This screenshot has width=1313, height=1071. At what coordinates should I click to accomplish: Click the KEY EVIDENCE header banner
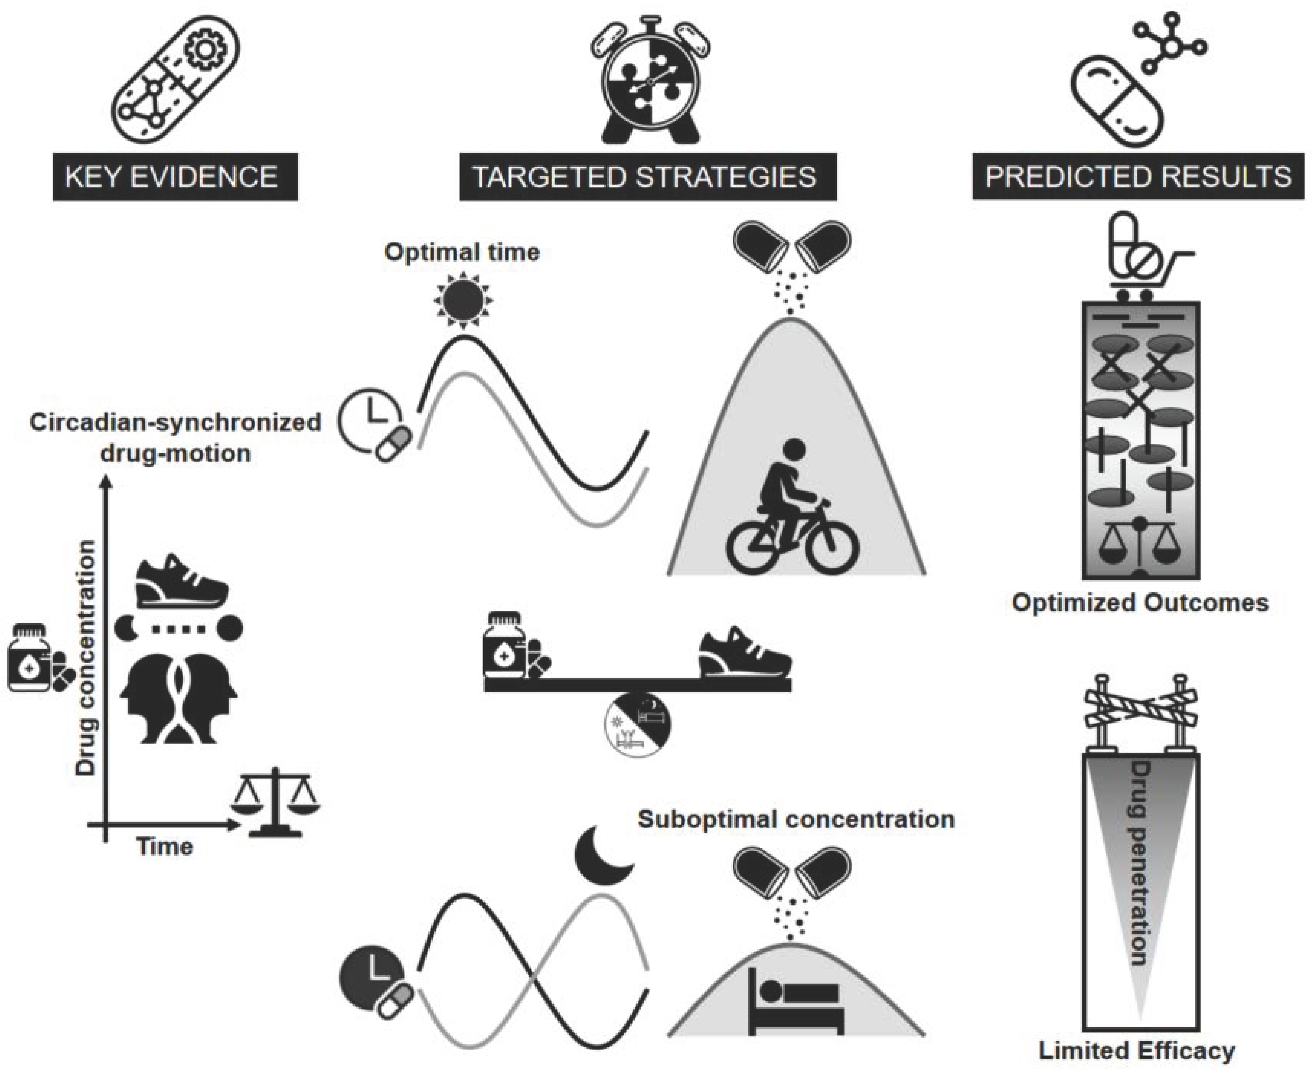(175, 177)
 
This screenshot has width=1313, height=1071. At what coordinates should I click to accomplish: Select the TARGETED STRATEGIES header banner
(647, 177)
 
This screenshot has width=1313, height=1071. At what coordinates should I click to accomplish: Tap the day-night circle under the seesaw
(638, 723)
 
